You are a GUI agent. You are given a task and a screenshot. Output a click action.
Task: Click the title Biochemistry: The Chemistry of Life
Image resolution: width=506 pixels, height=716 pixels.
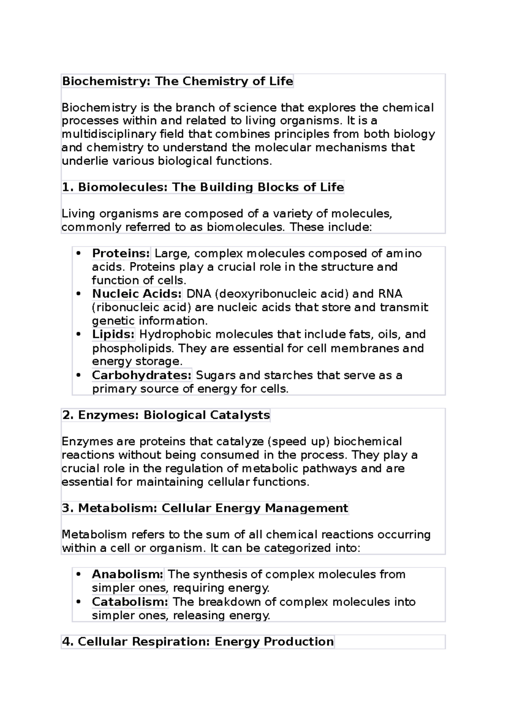178,81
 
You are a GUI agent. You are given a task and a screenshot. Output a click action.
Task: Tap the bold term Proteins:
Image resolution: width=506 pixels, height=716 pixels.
121,253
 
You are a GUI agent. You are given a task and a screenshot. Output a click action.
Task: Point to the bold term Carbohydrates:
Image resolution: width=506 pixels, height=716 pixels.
142,375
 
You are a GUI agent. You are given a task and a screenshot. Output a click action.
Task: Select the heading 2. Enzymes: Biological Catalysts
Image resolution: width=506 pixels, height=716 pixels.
166,415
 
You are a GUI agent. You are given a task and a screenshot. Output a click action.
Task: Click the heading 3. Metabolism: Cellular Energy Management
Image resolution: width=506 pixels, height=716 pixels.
205,508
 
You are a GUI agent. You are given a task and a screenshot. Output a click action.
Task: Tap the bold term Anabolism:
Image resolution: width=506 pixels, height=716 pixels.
127,574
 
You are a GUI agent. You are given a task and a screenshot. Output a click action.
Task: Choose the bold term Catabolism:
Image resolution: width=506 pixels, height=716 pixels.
130,602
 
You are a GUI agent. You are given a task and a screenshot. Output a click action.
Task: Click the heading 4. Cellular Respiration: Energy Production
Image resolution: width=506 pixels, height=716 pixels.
198,642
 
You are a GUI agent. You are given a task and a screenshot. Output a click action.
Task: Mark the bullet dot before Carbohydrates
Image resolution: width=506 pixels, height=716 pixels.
78,375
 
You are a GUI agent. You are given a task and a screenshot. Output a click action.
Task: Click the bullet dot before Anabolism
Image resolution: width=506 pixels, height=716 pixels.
78,574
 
